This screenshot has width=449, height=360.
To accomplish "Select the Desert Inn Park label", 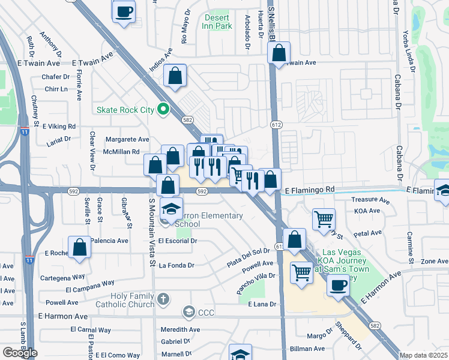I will (217, 22).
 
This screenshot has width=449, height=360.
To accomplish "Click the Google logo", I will (20, 352).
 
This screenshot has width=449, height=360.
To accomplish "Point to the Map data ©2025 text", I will (423, 355).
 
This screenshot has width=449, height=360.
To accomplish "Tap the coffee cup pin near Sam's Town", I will (339, 284).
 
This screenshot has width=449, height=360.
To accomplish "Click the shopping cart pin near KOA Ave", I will (324, 219).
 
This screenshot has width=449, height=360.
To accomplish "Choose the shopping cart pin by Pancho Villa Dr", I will (301, 272).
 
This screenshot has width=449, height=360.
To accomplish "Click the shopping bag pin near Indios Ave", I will (175, 76).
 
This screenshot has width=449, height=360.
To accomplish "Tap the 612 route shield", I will (276, 125).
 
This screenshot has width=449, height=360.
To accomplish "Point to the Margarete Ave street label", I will (127, 139).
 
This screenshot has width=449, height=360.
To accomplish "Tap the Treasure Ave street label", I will (371, 199).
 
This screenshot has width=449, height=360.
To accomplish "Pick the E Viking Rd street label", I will (59, 127).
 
